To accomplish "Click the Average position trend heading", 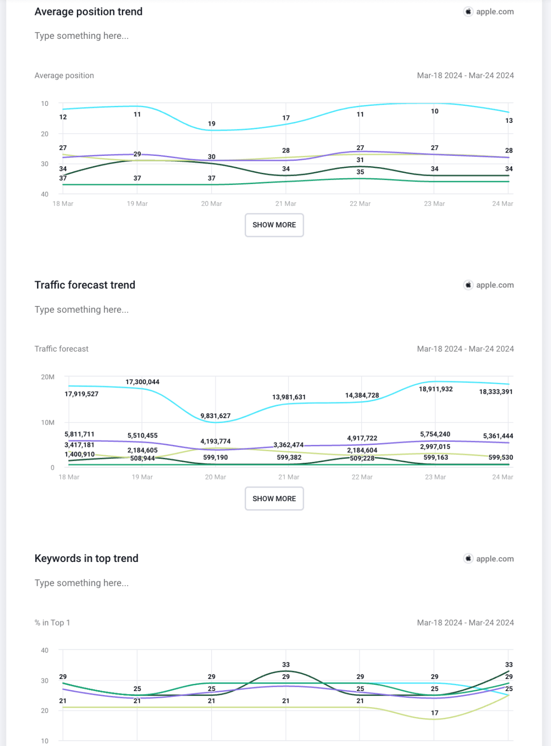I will click(88, 12).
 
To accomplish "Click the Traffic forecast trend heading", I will click(85, 285).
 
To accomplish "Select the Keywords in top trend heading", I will click(86, 559).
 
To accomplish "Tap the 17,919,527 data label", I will click(82, 394).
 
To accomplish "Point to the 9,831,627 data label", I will click(216, 416).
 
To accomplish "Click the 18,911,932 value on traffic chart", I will click(435, 389).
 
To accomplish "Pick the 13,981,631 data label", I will click(289, 397).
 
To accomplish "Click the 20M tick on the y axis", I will click(48, 377).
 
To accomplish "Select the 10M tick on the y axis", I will click(48, 423).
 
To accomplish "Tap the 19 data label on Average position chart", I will click(212, 124).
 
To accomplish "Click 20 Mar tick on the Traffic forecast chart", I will click(216, 477).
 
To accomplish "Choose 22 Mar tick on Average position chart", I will click(360, 203).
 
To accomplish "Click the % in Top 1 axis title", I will click(52, 623).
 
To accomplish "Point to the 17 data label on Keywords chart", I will click(434, 713).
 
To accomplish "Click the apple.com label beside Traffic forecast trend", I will click(495, 285).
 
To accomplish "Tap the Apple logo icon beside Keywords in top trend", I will click(468, 559).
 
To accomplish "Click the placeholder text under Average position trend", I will click(82, 36).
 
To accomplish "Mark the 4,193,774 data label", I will click(216, 441).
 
